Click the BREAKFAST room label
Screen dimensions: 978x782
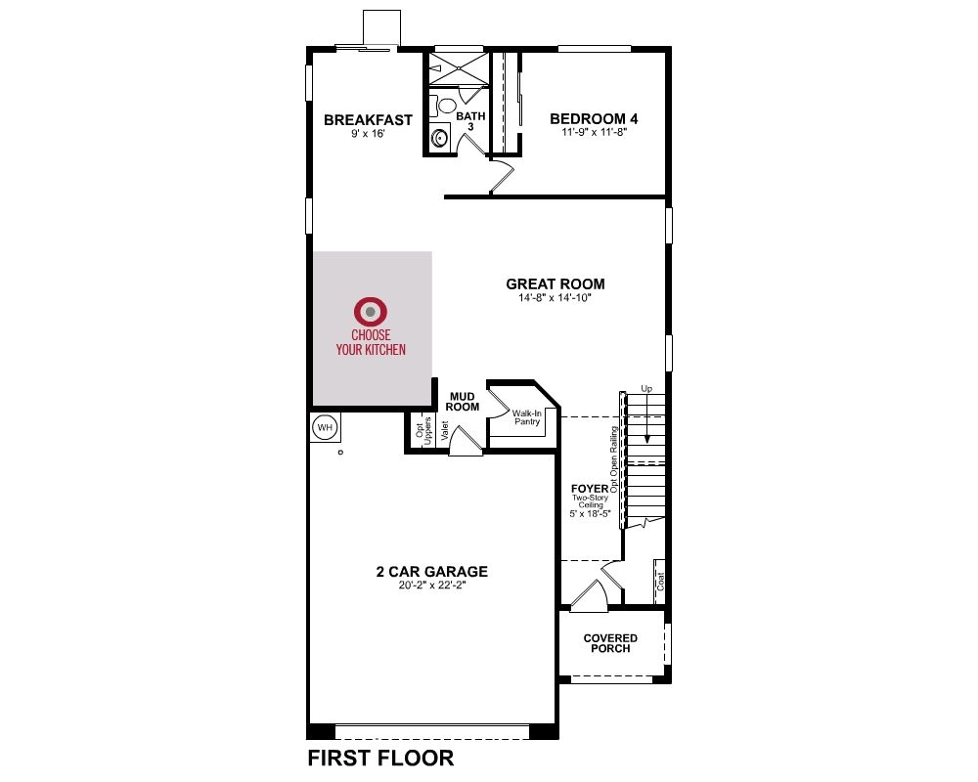[368, 119]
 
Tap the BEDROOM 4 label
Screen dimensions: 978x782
[594, 118]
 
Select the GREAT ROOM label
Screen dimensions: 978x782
[556, 283]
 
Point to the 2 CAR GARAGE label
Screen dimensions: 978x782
[431, 571]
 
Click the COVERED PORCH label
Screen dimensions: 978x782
[610, 643]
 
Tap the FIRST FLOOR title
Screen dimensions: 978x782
[380, 759]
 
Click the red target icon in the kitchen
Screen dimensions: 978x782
[371, 311]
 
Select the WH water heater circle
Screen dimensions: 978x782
[325, 428]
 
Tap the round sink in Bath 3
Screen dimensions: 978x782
[440, 137]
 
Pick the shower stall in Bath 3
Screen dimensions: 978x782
[459, 68]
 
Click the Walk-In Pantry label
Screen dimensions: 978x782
[527, 417]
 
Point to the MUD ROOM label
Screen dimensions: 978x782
[463, 402]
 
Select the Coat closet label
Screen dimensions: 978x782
[660, 582]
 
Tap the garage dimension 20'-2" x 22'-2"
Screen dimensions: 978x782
[432, 586]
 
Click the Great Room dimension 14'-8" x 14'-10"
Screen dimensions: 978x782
[556, 298]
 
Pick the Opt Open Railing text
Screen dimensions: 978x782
[614, 459]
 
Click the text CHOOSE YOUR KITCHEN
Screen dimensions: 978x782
[371, 342]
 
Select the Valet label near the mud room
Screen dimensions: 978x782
[445, 431]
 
